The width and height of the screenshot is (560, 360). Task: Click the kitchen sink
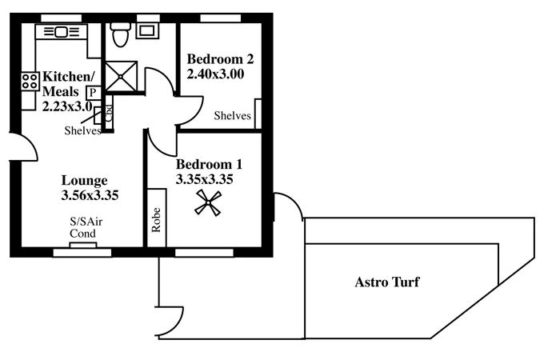pos(62,32)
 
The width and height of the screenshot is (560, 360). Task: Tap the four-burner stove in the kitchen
pos(30,81)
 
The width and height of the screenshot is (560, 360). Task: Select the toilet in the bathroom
pos(121,35)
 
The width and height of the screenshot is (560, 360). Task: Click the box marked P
pos(94,93)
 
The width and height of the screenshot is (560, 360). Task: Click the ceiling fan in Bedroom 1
pos(209,204)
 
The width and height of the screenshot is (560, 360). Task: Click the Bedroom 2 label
pos(219,58)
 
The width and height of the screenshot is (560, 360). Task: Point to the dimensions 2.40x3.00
pos(214,74)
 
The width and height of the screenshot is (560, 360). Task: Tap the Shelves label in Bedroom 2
pos(232,117)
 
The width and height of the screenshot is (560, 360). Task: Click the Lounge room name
pos(84,180)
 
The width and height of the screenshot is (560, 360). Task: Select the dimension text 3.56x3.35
pos(90,194)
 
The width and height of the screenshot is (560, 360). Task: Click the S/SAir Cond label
pos(83,228)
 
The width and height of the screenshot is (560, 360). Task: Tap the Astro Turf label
pos(386,282)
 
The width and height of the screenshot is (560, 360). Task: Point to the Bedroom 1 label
pos(209,165)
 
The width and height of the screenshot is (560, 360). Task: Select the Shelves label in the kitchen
pos(82,131)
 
